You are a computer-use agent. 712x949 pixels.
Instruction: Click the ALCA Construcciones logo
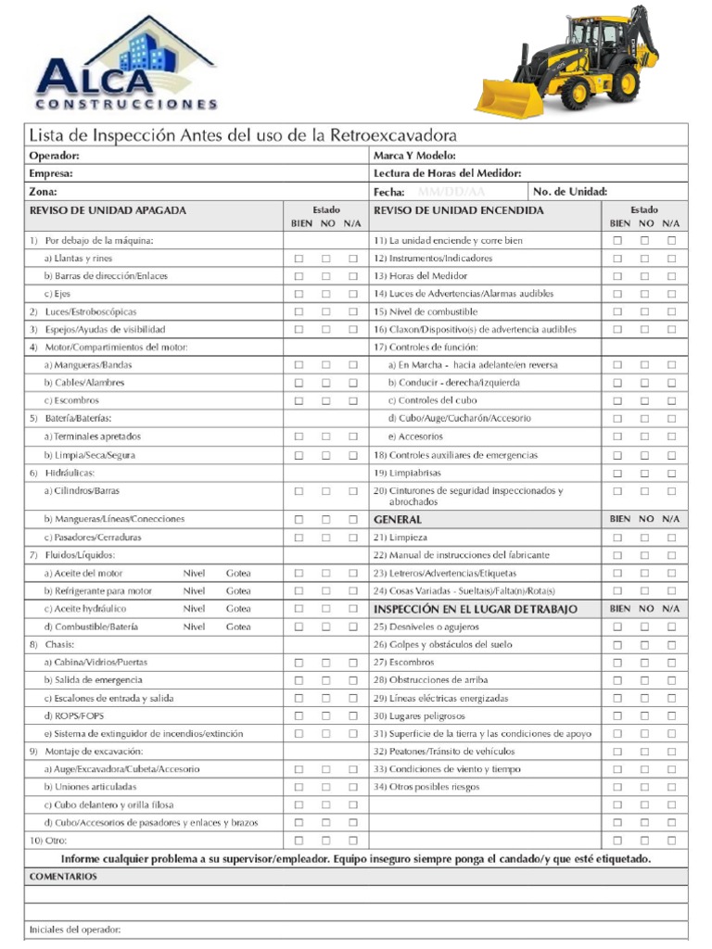126,65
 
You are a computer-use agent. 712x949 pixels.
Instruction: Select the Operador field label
54,156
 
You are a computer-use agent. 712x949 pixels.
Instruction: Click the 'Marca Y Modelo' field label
414,156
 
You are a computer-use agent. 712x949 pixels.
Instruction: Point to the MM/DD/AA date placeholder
451,192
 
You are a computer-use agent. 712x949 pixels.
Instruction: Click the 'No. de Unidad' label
570,192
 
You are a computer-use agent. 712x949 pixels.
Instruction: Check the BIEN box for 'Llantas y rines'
299,259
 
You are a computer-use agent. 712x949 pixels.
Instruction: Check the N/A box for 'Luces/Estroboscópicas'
352,312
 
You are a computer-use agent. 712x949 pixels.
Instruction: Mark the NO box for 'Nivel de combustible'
644,312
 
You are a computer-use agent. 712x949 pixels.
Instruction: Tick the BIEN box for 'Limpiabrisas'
617,473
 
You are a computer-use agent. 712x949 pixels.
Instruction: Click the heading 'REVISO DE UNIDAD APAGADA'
108,210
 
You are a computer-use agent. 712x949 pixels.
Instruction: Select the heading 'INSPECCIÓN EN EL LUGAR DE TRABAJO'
475,609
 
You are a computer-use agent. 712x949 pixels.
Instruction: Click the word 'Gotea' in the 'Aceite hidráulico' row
238,609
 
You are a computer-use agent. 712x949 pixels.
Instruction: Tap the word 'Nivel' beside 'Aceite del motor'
194,573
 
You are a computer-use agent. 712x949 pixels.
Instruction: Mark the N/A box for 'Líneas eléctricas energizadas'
671,698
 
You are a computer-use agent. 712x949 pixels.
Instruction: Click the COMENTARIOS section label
63,876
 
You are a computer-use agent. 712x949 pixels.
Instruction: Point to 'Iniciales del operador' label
75,930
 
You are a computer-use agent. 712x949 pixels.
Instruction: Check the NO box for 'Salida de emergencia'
325,680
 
